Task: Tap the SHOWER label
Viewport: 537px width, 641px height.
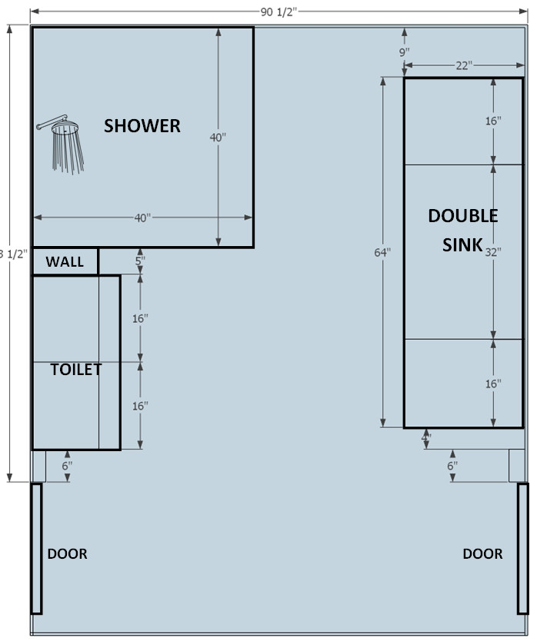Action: pyautogui.click(x=142, y=125)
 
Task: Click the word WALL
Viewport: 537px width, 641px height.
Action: pyautogui.click(x=65, y=262)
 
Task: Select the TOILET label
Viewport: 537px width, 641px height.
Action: pyautogui.click(x=76, y=370)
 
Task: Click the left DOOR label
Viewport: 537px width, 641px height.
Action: pyautogui.click(x=68, y=553)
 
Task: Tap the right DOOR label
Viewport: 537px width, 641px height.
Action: pyautogui.click(x=482, y=553)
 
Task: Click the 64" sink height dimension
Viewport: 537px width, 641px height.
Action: pyautogui.click(x=383, y=251)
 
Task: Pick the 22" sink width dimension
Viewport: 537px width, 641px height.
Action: pyautogui.click(x=463, y=66)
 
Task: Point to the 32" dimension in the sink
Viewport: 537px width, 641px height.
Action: pyautogui.click(x=493, y=251)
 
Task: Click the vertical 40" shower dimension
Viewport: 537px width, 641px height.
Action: pyautogui.click(x=218, y=138)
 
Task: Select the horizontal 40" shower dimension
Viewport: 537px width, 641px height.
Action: pyautogui.click(x=142, y=218)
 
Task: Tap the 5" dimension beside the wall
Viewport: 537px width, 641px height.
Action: pyautogui.click(x=139, y=261)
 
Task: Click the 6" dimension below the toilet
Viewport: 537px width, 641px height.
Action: pyautogui.click(x=68, y=466)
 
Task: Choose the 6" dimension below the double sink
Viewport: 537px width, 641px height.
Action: pyautogui.click(x=452, y=466)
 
